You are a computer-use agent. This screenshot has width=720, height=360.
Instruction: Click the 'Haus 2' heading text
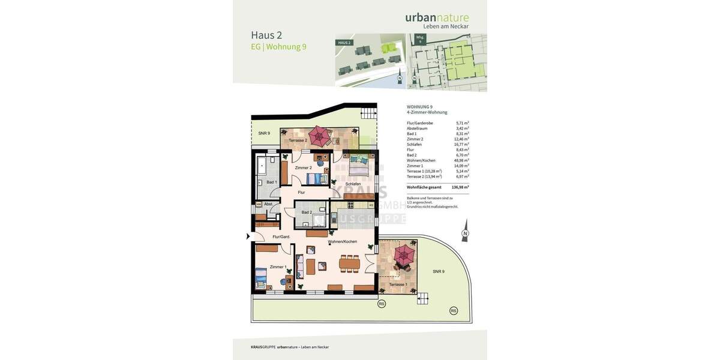point(266,35)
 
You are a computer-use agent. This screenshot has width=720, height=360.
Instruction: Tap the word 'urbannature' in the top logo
point(437,17)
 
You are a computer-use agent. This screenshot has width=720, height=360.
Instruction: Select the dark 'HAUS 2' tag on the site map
point(344,43)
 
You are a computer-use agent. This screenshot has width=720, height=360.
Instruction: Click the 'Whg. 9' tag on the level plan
point(420,39)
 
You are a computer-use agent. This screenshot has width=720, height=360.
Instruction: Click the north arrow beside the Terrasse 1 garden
point(465,233)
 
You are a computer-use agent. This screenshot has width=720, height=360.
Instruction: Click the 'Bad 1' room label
point(271,182)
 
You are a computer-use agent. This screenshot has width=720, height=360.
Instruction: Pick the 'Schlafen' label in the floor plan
point(353,184)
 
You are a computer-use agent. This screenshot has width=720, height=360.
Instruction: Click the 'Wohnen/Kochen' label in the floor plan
point(342,241)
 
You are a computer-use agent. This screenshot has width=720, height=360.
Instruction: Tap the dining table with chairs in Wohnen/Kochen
point(349,263)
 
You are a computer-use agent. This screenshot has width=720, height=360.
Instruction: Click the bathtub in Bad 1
point(262,164)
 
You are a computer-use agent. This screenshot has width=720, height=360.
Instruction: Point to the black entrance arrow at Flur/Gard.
point(248,236)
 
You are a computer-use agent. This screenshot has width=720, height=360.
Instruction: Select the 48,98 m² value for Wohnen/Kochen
point(461,160)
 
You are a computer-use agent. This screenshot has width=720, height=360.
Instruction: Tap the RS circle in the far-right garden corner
point(454,310)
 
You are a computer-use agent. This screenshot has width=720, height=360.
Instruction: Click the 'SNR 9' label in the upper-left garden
point(264,133)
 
